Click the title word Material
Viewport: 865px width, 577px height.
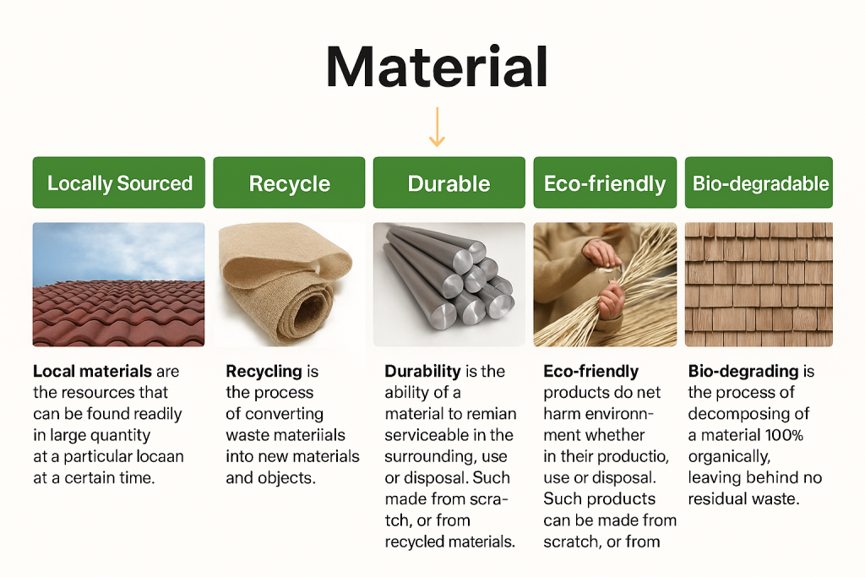437,67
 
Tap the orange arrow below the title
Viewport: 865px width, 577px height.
437,127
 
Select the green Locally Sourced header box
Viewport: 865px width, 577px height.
118,182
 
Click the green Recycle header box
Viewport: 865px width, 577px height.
289,182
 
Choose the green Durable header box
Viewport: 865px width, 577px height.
449,182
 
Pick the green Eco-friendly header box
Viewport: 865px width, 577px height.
605,182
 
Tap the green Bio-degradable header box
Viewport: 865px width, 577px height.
759,182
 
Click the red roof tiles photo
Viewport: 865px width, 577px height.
118,285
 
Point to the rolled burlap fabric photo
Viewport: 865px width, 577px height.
289,285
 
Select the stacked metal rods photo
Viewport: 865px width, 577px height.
449,285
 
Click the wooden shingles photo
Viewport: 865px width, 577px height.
759,285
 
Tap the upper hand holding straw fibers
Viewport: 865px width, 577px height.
601,253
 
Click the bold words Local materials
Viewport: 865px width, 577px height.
92,371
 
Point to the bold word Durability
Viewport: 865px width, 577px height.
422,372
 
